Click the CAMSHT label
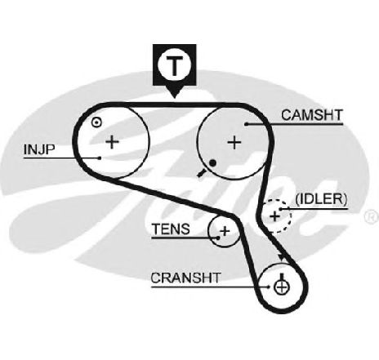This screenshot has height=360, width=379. tap(312, 115)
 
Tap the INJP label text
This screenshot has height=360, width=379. tap(39, 149)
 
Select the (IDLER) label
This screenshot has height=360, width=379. tap(321, 199)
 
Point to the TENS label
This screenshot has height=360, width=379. tap(171, 229)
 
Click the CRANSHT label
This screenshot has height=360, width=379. tap(185, 278)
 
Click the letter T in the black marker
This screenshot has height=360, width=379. tap(174, 66)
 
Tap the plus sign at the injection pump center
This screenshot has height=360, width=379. tap(112, 141)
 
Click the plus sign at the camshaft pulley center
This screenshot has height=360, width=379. tap(234, 142)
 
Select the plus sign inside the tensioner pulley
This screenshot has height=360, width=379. tap(225, 231)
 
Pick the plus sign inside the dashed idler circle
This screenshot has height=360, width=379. tap(275, 216)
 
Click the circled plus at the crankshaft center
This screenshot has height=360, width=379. tap(282, 287)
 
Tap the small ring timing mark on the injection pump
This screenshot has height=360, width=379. tap(96, 122)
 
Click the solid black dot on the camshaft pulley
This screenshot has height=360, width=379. tap(212, 163)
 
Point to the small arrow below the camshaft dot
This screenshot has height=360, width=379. tap(201, 173)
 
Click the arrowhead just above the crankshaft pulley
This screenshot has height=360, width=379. tap(282, 257)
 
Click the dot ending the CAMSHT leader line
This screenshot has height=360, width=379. tap(246, 124)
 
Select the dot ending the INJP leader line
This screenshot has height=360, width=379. tap(100, 158)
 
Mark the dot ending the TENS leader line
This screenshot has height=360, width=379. tap(218, 238)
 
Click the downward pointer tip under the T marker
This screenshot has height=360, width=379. tap(174, 98)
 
